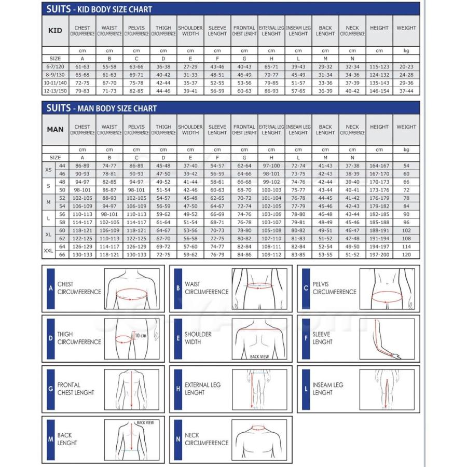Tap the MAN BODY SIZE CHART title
tap(101, 108)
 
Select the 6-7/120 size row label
tap(55, 67)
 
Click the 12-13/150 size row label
tap(55, 91)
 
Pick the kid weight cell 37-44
tap(406, 91)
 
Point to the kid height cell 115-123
tap(379, 67)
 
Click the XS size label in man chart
tap(48, 170)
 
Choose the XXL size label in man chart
tap(48, 251)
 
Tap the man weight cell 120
tap(406, 255)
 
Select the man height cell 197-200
tap(379, 255)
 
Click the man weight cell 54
tap(406, 166)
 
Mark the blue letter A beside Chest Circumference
tap(50, 288)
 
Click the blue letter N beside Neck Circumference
tap(178, 439)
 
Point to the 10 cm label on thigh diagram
tap(140, 335)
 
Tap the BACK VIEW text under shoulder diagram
tap(259, 357)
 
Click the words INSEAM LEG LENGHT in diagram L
tap(328, 389)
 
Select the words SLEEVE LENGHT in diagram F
tap(322, 338)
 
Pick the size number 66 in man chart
tap(62, 255)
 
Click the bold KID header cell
tap(55, 31)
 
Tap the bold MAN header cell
tap(55, 129)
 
